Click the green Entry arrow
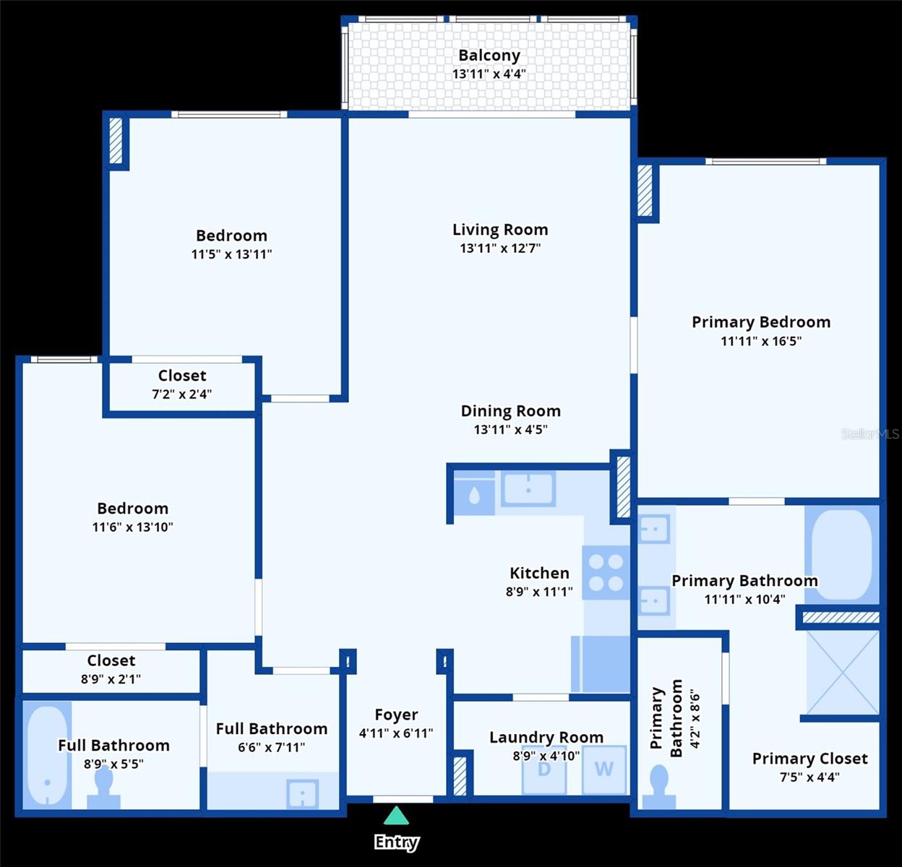396,816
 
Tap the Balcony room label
489,55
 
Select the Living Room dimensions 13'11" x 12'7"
500,249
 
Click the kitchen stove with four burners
606,573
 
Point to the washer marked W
604,770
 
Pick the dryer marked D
544,770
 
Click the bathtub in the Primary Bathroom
842,555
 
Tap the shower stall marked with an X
843,673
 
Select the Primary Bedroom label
761,322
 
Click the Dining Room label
510,411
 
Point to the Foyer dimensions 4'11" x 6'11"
396,733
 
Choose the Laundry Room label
546,737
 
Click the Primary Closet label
809,759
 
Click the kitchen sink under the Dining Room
528,488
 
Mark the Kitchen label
539,573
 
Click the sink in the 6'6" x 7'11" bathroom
301,794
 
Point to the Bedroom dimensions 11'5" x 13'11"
231,254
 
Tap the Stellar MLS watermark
869,434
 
